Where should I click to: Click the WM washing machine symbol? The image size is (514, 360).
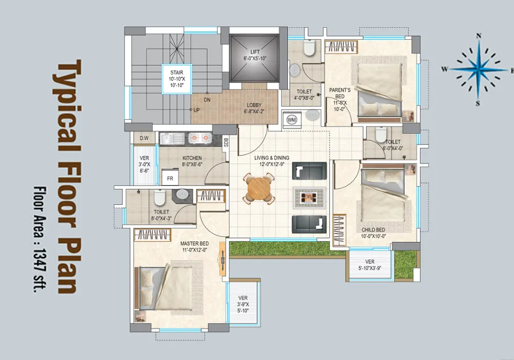[x=291, y=120]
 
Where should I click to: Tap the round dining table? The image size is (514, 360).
[x=259, y=189]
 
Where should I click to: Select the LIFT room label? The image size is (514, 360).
[x=255, y=52]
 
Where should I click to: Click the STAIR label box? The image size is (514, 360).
[x=177, y=79]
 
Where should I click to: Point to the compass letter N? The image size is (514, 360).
[x=479, y=36]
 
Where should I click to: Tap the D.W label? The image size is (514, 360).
[x=144, y=138]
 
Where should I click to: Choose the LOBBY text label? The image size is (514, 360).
[x=254, y=105]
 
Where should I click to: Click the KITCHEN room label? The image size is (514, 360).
[x=192, y=158]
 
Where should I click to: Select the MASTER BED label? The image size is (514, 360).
[x=194, y=244]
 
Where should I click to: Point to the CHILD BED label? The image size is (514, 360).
[x=373, y=230]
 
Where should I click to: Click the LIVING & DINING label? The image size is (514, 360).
[x=272, y=158]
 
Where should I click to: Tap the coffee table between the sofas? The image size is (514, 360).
[x=309, y=197]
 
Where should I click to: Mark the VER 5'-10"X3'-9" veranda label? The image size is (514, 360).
[x=370, y=265]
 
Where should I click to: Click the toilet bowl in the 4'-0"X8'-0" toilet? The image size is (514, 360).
[x=309, y=48]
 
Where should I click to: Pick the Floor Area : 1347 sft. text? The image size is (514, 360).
[x=40, y=240]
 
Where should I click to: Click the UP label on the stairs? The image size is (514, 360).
[x=196, y=110]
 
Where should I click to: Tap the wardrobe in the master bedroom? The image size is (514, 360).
[x=153, y=235]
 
